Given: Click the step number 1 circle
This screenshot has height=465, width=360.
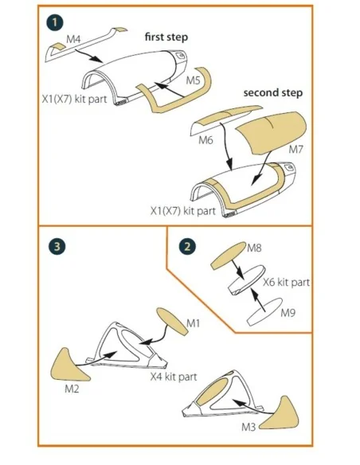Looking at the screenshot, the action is point(55,23).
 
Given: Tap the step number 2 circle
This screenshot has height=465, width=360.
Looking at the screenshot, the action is point(187,247).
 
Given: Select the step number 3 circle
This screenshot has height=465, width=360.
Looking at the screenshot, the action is point(57,247).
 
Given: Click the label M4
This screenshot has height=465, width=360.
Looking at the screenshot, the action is point(73,39).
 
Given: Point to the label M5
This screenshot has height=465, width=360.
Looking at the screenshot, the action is point(194,80).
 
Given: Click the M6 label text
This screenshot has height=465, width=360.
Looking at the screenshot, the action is point(205,139).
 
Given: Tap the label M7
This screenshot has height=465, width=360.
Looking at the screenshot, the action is point(296,149).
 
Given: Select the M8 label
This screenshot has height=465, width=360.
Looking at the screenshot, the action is point(254,248).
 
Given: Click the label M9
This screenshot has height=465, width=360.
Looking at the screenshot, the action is point(288,312).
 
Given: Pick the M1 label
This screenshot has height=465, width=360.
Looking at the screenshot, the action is point(194,323).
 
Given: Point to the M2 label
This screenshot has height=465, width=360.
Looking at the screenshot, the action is point(72,389).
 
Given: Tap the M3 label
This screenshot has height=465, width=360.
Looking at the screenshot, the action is point(248,427).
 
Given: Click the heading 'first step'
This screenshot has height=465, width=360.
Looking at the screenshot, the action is point(166,37).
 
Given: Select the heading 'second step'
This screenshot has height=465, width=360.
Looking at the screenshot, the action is point(273,92).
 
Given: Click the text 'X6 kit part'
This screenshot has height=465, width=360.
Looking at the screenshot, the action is point(286,282).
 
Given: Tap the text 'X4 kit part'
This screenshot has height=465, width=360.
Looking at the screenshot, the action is point(174,377).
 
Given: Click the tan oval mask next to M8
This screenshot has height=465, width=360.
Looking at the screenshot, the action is point(229,256).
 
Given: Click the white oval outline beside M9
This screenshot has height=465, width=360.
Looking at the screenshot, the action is point(264,312).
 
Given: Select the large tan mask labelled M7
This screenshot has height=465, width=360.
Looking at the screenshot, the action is point(271,132).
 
